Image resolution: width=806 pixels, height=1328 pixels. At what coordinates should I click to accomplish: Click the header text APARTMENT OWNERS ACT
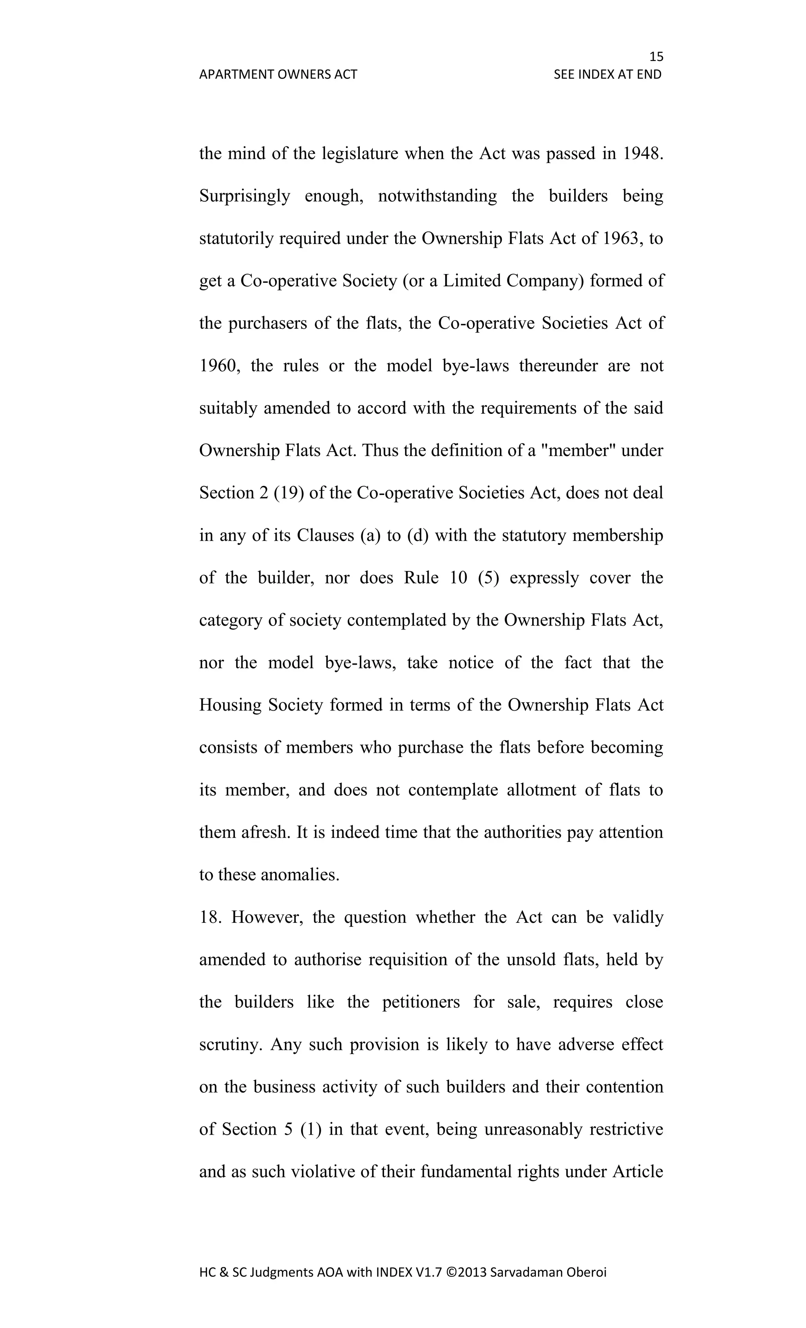[278, 74]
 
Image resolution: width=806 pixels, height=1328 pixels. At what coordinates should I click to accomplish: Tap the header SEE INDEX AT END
[607, 74]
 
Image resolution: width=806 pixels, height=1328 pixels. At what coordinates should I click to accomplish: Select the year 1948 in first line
[641, 154]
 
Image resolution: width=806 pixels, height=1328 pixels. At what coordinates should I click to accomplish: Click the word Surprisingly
[245, 196]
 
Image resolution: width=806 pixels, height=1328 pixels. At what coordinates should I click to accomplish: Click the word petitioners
[421, 1002]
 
